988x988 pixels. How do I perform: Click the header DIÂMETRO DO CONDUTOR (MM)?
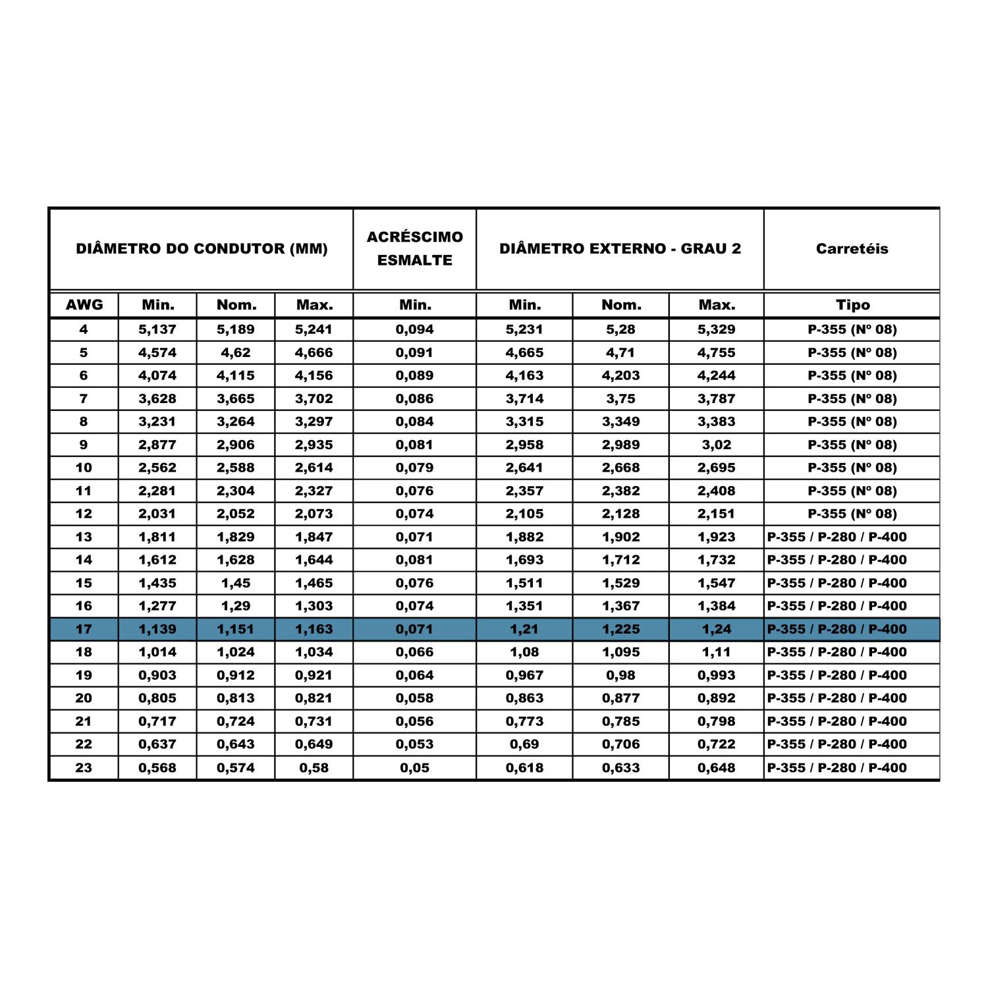202,249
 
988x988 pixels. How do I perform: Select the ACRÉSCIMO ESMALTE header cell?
414,248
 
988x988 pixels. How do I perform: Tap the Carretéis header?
852,249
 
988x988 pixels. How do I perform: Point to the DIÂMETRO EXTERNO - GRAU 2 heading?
620,249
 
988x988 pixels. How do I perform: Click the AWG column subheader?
84,305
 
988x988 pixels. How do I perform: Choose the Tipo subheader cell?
852,305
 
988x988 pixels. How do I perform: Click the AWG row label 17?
84,629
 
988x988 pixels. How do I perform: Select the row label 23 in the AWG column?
84,767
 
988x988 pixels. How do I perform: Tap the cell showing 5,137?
157,329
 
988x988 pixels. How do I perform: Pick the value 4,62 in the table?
236,352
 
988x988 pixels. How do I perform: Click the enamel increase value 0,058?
414,698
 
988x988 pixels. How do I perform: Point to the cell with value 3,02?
716,445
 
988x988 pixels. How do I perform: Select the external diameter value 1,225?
620,629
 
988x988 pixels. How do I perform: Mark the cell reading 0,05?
414,767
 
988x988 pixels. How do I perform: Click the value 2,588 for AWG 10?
236,468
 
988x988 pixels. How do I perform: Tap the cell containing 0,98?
620,675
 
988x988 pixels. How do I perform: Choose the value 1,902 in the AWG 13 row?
620,537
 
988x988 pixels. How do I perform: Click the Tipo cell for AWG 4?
852,329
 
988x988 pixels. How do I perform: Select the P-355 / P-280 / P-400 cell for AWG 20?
837,698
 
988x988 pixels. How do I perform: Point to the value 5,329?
716,329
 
